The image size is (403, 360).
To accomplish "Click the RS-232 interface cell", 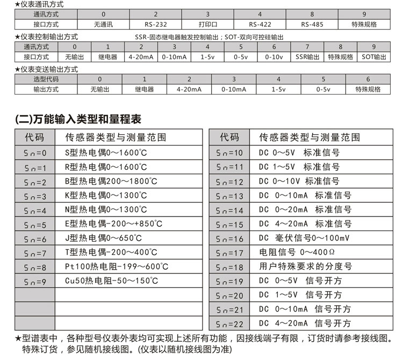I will [x=155, y=25].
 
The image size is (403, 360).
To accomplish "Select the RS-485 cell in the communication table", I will [x=312, y=25].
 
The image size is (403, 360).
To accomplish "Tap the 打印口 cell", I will [x=207, y=25].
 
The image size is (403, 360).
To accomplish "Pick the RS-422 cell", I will [x=260, y=25].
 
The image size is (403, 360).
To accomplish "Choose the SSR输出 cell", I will [x=307, y=57].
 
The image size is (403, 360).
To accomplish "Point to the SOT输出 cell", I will [x=373, y=57].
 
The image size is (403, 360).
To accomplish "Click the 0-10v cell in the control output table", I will [x=274, y=57].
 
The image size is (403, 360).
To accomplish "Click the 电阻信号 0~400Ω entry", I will [x=298, y=252].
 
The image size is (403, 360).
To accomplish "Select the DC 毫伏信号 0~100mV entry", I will [x=304, y=238].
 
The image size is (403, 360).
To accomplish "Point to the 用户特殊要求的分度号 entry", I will [x=305, y=267].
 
